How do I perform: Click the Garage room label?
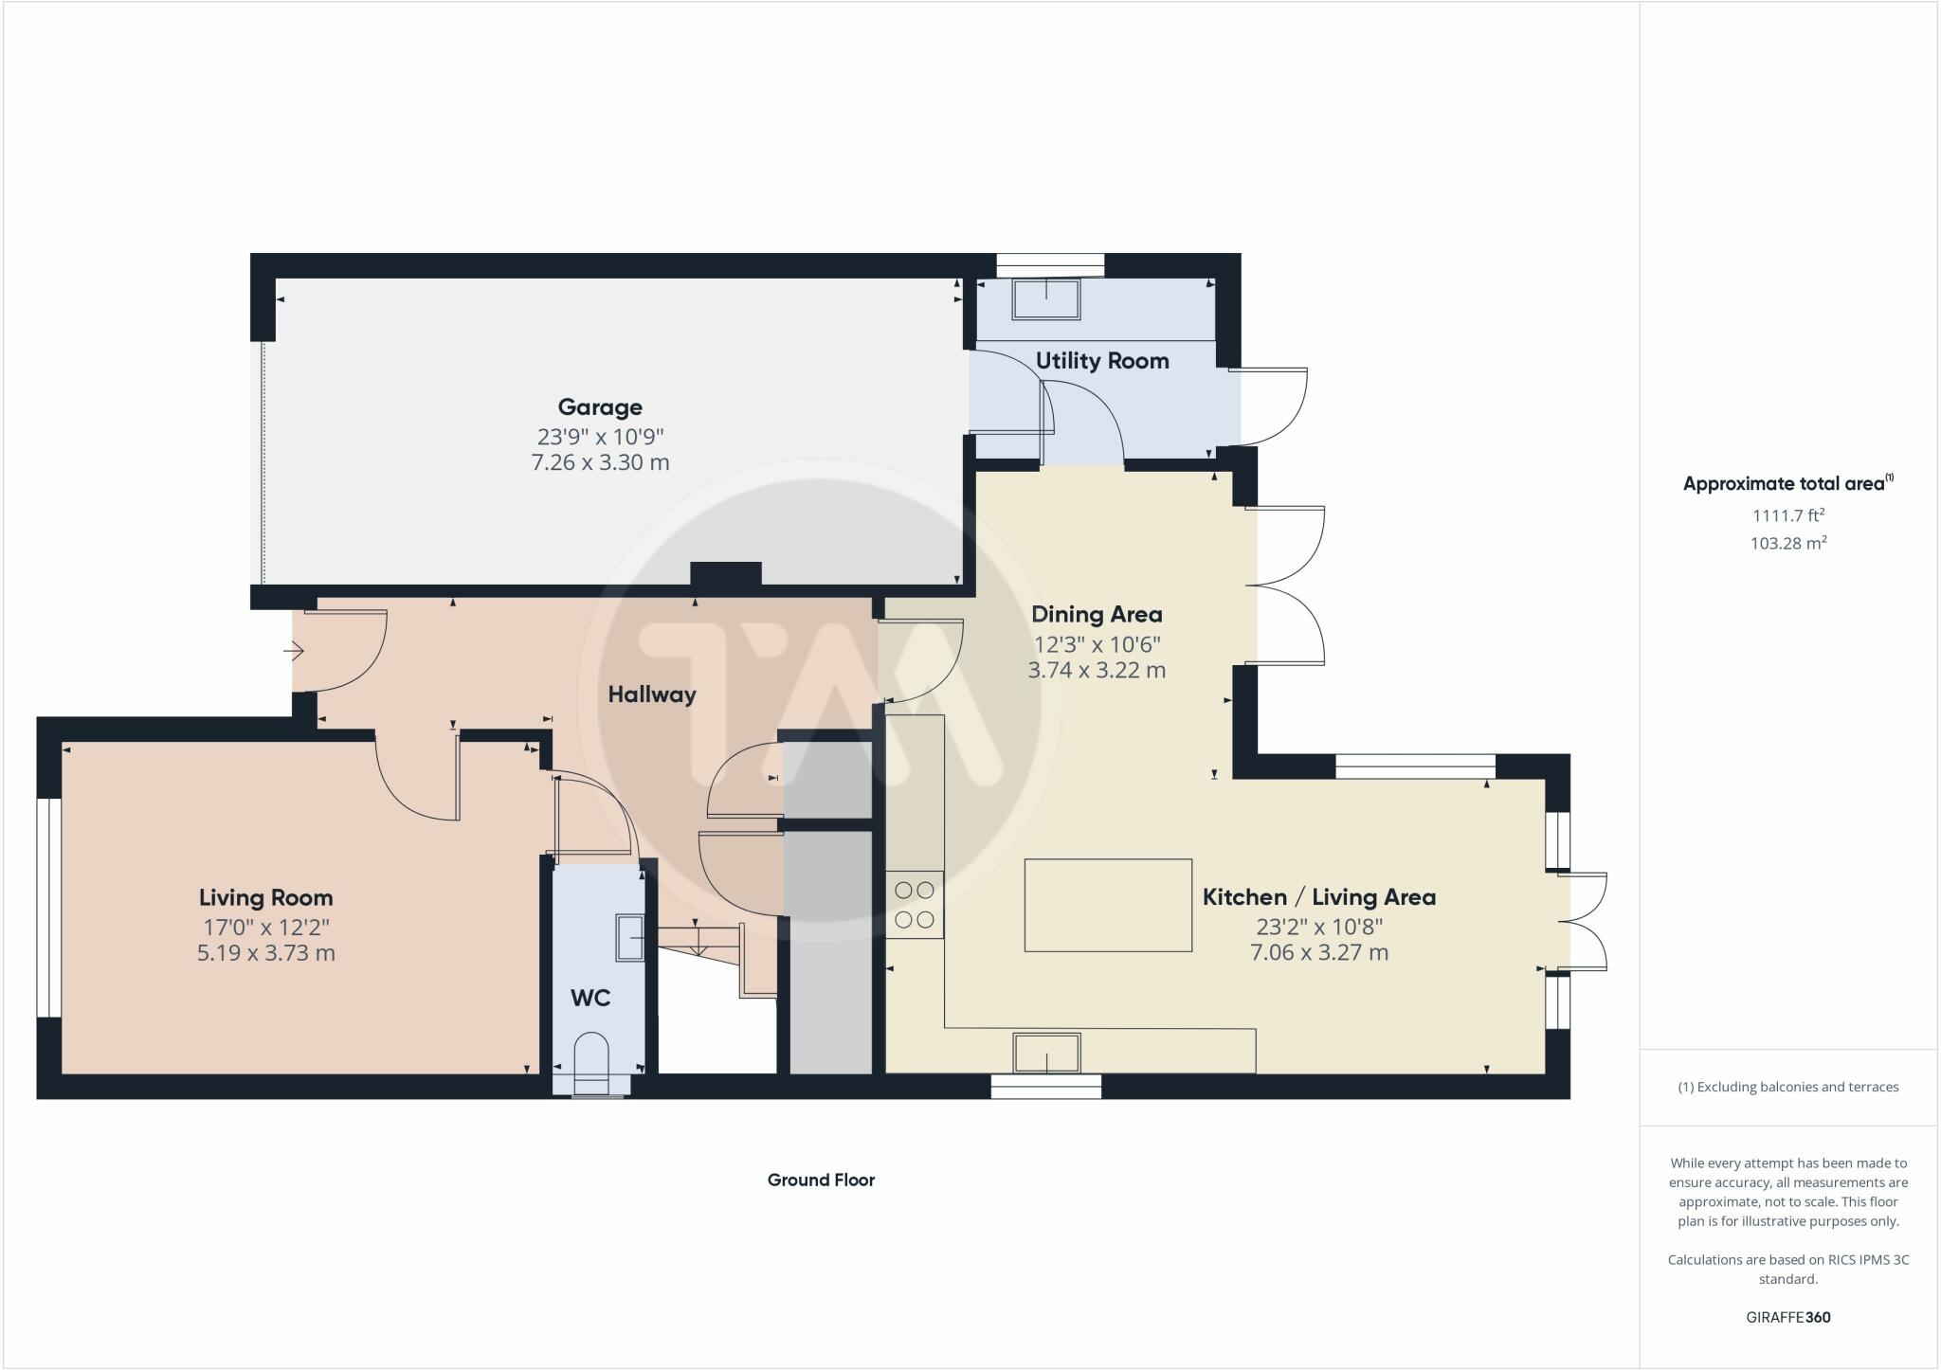tap(600, 407)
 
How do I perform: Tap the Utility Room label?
tap(1102, 361)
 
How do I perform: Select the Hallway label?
tap(652, 694)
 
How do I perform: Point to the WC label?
tap(590, 998)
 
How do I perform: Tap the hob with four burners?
tap(915, 904)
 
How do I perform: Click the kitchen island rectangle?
tap(1108, 905)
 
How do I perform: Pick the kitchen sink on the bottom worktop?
tap(1046, 1054)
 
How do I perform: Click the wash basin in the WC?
tap(630, 937)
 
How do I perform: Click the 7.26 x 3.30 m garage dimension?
tap(600, 462)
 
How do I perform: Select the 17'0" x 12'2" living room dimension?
tap(265, 927)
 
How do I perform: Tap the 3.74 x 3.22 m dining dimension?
tap(1097, 670)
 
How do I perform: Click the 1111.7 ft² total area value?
tap(1788, 515)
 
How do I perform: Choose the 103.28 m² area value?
tap(1788, 543)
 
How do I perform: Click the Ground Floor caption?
tap(821, 1180)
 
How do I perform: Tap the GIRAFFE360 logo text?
tap(1788, 1317)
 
